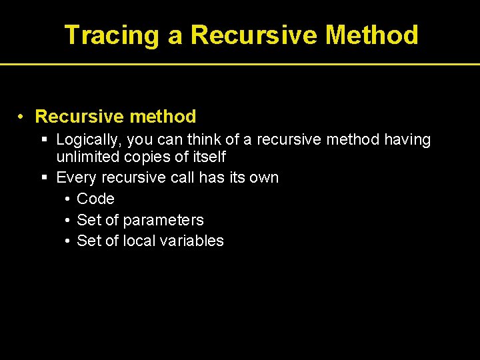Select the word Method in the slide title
tap(372, 35)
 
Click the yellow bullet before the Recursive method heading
tap(22, 117)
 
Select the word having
tap(407, 140)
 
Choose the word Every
tap(74, 178)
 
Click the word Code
tap(95, 199)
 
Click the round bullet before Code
tap(69, 199)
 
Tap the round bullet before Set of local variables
tap(69, 241)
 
